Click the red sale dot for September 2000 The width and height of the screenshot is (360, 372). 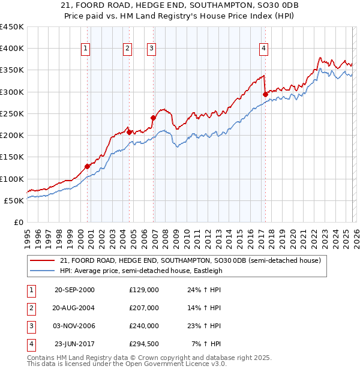(x=87, y=166)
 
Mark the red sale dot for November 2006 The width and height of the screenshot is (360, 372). (x=152, y=118)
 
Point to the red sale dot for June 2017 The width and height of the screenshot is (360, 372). (x=265, y=94)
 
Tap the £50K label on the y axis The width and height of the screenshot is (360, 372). (x=15, y=200)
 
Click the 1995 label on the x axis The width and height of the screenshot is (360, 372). (x=27, y=233)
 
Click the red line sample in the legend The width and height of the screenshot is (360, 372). (x=43, y=260)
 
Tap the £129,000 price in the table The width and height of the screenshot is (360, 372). (x=143, y=290)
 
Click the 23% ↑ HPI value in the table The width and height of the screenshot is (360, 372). (x=206, y=326)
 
